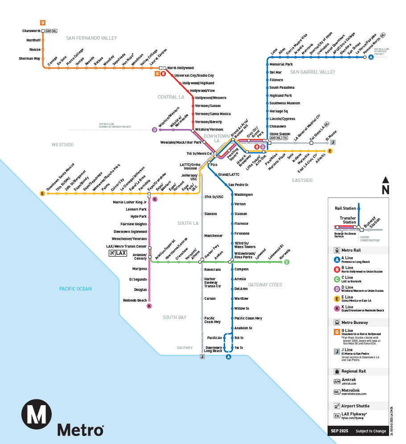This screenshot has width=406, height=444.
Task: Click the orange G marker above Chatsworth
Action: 43,22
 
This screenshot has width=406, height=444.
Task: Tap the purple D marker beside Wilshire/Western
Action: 155,130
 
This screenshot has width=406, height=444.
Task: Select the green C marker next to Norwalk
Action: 287,262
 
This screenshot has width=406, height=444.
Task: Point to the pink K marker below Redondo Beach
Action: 149,306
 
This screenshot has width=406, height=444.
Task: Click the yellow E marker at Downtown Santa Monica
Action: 42,193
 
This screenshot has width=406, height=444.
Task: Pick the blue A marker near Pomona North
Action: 371,57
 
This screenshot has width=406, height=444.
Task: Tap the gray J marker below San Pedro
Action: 202,357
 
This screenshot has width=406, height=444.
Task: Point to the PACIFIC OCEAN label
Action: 76,289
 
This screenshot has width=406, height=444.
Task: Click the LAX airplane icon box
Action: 118,253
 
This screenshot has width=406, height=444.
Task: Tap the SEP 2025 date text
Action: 339,432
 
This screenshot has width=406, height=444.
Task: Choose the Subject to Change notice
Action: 371,432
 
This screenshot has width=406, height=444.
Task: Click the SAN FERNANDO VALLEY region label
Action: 91,38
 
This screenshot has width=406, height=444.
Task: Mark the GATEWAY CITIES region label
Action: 265,285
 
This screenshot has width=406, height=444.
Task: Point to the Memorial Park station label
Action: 281,65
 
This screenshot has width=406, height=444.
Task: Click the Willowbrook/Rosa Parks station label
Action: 244,255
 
